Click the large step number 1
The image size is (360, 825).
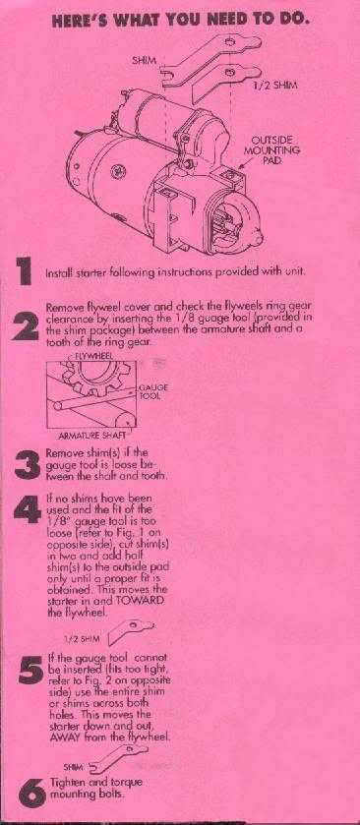pos(24,271)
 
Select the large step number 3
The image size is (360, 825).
pos(27,465)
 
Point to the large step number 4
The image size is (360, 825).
pos(28,508)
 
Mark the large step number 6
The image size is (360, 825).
pos(30,793)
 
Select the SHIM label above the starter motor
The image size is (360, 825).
pos(145,61)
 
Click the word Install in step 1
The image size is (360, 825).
pos(57,273)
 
